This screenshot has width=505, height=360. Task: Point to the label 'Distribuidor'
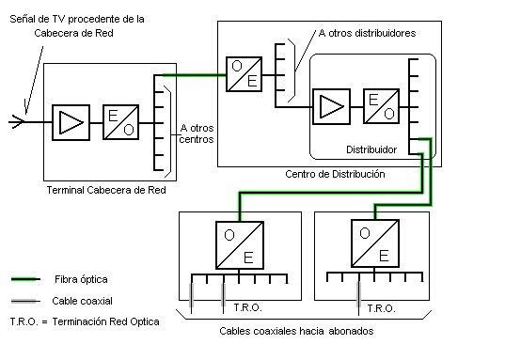point(371,149)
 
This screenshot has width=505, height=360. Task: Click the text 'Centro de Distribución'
point(334,175)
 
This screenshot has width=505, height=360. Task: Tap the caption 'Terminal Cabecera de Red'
point(105,190)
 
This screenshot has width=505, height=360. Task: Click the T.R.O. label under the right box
point(382,307)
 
